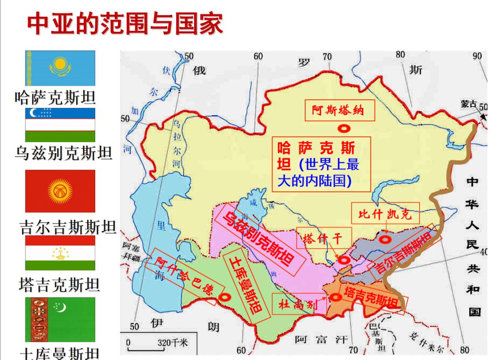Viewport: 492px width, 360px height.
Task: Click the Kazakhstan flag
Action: click(x=60, y=68)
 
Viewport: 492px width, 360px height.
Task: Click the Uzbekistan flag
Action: click(x=60, y=125)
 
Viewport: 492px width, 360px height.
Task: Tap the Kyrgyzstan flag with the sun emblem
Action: click(x=60, y=191)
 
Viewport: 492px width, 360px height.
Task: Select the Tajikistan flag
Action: click(x=60, y=253)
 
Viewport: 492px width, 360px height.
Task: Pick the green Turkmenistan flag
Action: click(x=60, y=319)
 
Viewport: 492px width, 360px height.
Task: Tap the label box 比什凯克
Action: click(x=385, y=214)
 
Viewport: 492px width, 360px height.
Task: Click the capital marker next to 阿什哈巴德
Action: click(x=224, y=297)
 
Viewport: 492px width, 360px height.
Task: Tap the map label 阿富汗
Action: click(x=321, y=339)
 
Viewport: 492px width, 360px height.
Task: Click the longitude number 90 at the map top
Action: click(x=477, y=56)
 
